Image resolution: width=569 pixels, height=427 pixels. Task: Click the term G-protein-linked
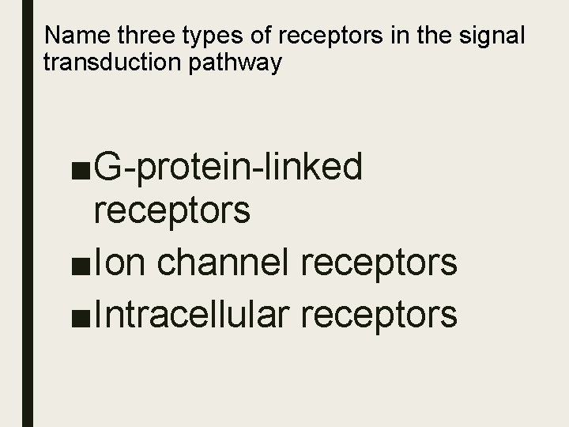point(229,167)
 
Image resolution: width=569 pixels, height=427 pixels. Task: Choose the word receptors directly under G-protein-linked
point(172,210)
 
